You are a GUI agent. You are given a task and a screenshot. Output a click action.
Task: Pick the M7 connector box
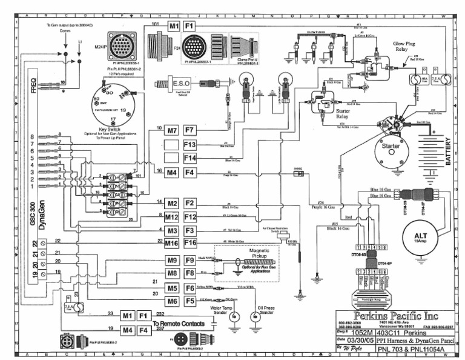(x=172, y=130)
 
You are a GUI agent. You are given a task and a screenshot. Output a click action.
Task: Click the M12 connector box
(x=172, y=217)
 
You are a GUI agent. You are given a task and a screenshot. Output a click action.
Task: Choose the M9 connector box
(x=172, y=261)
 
